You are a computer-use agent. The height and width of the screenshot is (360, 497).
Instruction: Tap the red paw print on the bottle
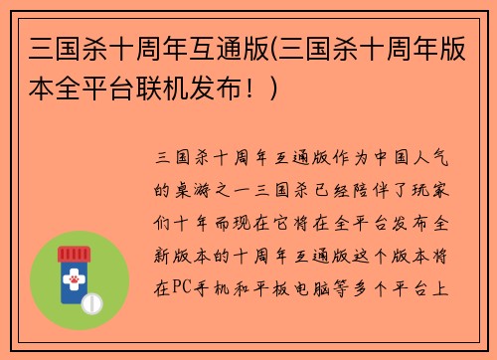(x=74, y=281)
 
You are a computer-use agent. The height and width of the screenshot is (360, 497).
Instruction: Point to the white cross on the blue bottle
(x=74, y=267)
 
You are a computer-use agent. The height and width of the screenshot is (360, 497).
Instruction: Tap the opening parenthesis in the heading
(x=273, y=47)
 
